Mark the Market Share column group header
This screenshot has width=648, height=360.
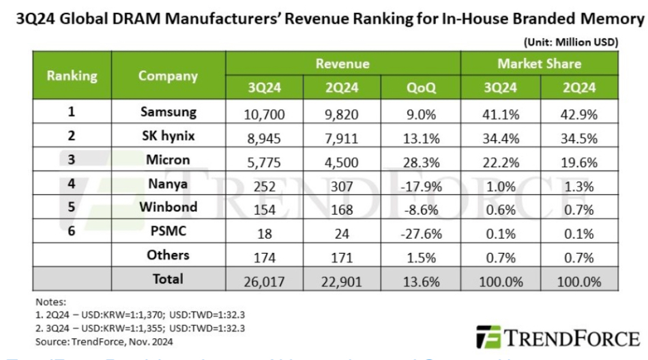coord(539,64)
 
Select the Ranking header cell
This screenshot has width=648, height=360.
coord(72,76)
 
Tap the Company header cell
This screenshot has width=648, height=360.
coord(168,76)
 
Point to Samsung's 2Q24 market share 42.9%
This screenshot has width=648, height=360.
coord(578,113)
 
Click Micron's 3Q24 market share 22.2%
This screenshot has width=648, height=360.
coord(500,161)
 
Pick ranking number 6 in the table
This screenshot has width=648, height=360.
coord(71,231)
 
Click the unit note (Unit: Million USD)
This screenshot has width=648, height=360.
coord(570,42)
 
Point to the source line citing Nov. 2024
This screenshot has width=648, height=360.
coord(103,341)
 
